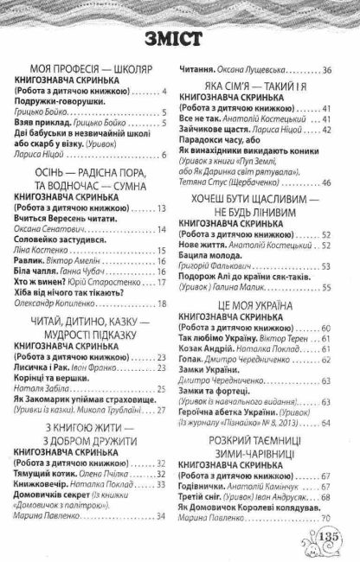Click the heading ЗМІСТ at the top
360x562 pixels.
point(179,40)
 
